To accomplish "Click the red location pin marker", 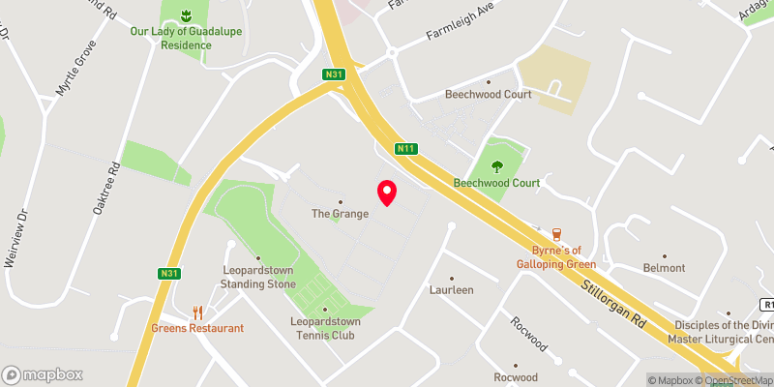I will (x=387, y=192).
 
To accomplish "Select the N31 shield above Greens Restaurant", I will (x=169, y=274).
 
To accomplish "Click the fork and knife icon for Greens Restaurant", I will (x=197, y=312).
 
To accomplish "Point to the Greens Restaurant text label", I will (x=197, y=328).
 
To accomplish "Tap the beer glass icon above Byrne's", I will (x=556, y=233).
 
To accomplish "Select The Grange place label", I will (x=340, y=214).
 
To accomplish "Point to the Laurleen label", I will (x=451, y=289).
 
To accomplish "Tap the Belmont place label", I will (x=664, y=268).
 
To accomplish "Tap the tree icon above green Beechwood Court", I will (x=498, y=165).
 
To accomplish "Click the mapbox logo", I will (x=43, y=374).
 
